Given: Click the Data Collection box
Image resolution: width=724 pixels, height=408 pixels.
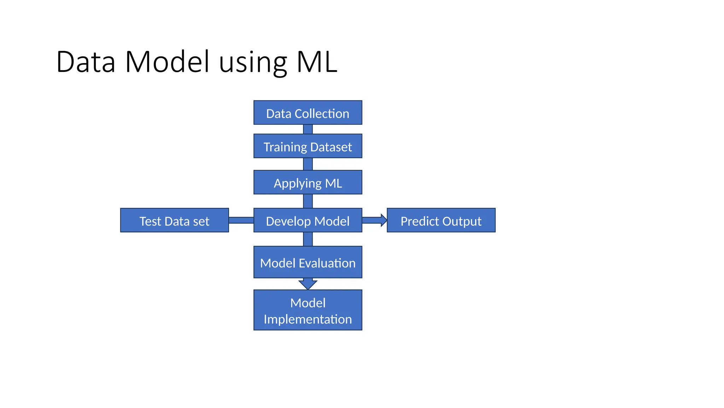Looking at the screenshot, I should pos(308,113).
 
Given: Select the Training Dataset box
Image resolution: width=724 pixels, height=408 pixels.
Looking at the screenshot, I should pos(308,146).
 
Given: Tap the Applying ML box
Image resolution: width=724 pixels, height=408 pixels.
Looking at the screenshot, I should pos(308,182).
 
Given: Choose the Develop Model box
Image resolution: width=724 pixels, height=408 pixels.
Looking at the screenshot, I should pos(308,220).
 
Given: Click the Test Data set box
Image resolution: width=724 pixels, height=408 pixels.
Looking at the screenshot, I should pos(174,220).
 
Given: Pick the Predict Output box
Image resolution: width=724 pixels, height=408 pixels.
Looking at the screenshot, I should pos(441,220).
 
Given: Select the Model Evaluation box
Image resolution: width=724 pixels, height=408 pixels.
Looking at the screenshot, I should pos(308,262).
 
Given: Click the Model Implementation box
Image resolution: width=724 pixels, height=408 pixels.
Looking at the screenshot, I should pos(308,310).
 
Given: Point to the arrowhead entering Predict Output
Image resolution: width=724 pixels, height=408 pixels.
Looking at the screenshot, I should pos(384,220).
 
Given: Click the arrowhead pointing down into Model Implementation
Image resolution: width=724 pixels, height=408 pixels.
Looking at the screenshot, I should pos(308,284).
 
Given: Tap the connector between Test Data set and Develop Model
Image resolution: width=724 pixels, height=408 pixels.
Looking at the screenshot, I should pos(241,220).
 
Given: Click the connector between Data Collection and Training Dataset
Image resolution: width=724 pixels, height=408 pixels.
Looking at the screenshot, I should pos(308,129).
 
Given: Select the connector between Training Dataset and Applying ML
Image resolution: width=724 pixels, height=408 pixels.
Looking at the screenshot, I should pos(308,164).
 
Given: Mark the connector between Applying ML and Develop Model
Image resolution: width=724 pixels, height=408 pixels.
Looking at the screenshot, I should pos(308,201).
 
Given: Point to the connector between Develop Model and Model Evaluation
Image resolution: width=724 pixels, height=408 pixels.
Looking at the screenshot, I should pos(308,239).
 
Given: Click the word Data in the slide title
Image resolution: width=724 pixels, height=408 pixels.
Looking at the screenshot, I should pos(86,62).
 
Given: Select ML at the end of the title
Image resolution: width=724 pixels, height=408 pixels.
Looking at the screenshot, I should pos(317,62).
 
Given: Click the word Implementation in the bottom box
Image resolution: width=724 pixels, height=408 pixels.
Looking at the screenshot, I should pos(308,319).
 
